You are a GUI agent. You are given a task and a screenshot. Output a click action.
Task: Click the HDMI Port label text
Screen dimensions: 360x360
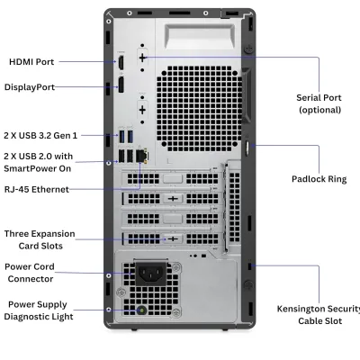point(31,62)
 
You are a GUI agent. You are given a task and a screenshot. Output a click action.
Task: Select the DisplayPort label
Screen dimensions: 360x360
point(30,87)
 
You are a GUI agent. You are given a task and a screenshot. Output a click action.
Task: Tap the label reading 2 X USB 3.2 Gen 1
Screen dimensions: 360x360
point(41,135)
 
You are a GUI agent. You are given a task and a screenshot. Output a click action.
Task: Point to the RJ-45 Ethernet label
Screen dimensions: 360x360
point(36,189)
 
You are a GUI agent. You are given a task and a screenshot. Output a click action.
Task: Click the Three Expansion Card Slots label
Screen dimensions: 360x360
point(40,239)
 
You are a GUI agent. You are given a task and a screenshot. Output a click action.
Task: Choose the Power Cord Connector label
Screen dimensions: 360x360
point(31,272)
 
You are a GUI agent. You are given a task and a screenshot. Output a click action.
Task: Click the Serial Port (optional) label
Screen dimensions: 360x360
point(319,103)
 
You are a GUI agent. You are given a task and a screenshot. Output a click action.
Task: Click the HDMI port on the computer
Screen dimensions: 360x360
point(119,63)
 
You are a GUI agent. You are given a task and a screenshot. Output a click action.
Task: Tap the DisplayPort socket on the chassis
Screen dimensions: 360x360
point(119,87)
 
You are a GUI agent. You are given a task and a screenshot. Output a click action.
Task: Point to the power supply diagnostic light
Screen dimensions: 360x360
point(139,311)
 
